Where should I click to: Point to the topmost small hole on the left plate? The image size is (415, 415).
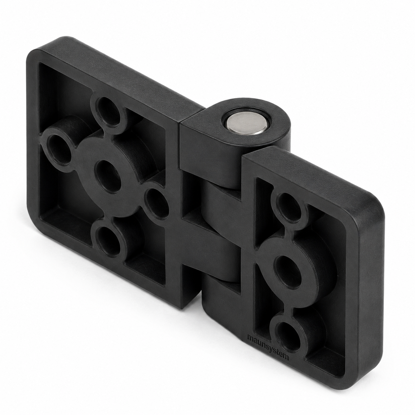[108, 110]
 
